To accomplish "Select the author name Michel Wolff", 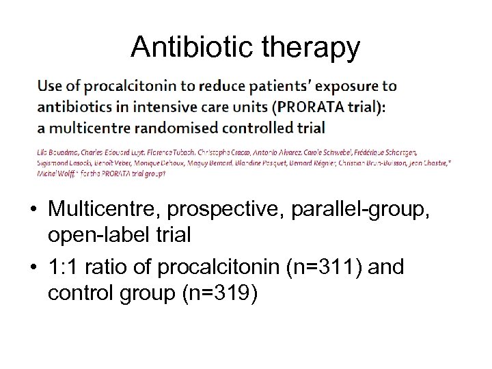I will pyautogui.click(x=53, y=174).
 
